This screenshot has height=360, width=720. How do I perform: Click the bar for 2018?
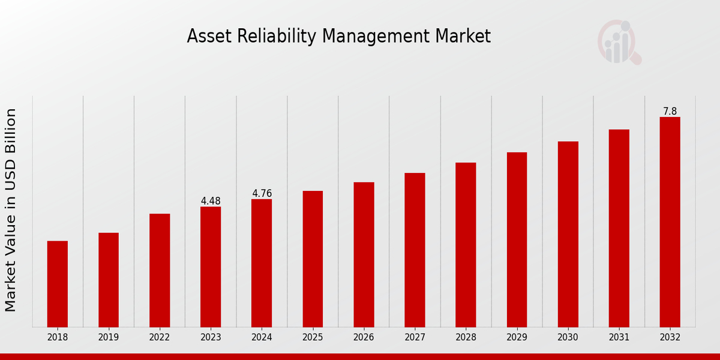(x=58, y=284)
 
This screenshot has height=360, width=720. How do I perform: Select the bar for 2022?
(x=160, y=270)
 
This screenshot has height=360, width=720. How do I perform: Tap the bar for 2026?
(x=364, y=254)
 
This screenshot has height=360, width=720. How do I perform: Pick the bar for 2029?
(x=517, y=239)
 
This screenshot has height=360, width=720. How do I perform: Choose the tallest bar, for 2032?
(x=670, y=222)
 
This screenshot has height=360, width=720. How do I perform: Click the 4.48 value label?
(x=211, y=201)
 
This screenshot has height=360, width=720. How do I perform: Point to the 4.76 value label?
(x=262, y=193)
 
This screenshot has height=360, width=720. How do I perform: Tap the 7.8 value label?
(x=670, y=112)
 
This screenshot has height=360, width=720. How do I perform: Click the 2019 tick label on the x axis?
(x=109, y=337)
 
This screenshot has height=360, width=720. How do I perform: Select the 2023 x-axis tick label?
(x=211, y=337)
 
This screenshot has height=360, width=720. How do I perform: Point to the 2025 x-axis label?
(x=313, y=337)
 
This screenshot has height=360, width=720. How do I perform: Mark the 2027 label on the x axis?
(x=415, y=337)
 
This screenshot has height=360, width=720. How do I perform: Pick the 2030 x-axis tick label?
(x=568, y=337)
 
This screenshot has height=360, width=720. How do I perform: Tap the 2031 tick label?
(x=619, y=337)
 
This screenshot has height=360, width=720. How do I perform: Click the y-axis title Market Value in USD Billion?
(x=11, y=210)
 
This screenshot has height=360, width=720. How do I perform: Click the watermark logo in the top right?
(x=618, y=42)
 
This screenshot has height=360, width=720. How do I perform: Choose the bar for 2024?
(x=262, y=263)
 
